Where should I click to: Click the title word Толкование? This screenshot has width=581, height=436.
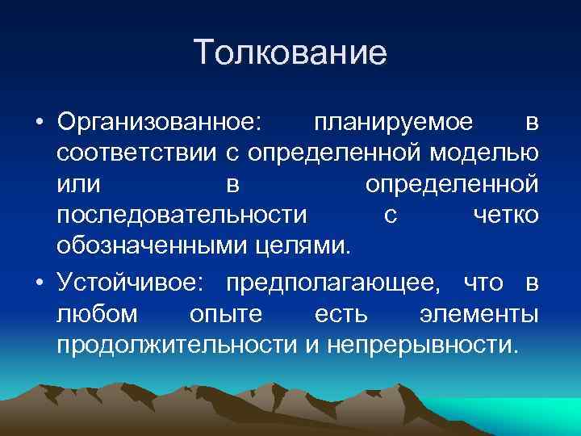coord(290,53)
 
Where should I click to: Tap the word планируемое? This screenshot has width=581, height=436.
coord(394,123)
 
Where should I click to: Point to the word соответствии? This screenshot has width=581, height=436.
coord(148,153)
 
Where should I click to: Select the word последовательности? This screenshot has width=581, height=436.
coord(182,215)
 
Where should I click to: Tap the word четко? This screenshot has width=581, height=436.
coord(504,215)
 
